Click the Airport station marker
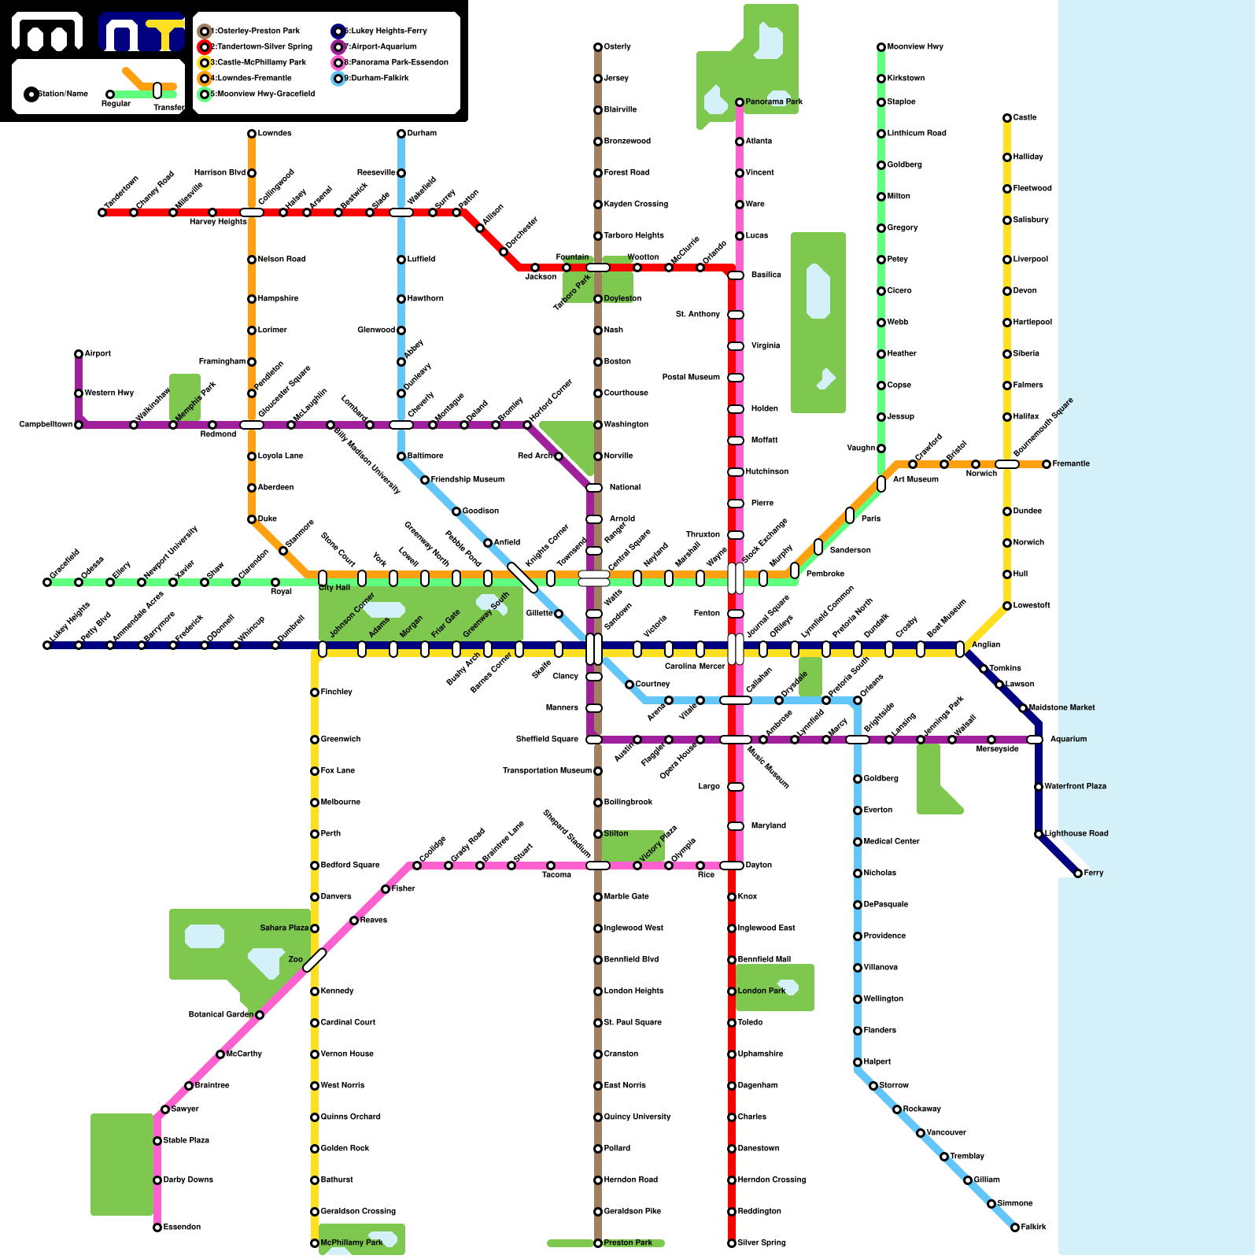point(79,354)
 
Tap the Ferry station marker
point(1078,873)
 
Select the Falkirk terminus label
point(1033,1228)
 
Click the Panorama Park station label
point(774,102)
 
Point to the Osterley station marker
point(598,47)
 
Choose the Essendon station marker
point(157,1228)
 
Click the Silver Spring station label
point(762,1243)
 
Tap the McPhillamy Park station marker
point(315,1243)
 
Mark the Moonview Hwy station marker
point(881,47)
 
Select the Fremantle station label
point(1071,464)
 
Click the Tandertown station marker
point(102,212)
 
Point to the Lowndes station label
point(275,134)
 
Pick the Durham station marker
point(401,134)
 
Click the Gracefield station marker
point(47,582)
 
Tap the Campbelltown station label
point(46,425)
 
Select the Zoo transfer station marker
point(315,960)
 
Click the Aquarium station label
point(1068,740)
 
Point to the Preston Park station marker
point(598,1243)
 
